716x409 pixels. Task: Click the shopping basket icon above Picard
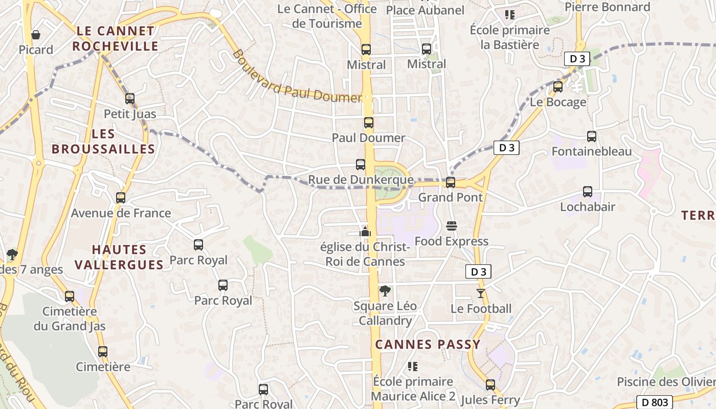coord(36,35)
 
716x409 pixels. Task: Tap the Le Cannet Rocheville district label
coord(115,38)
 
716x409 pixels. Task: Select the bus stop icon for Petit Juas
coord(130,99)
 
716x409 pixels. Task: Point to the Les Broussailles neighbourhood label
coord(103,142)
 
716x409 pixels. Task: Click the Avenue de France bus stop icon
coord(121,198)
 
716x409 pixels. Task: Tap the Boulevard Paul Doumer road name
coord(297,76)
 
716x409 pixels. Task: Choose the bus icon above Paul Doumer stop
coord(369,123)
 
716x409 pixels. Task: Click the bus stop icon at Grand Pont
coord(451,183)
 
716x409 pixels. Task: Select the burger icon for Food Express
coord(452,226)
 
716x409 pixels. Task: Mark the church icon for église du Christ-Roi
coord(365,232)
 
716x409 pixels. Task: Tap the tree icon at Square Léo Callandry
coord(385,291)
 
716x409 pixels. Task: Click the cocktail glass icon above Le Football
coord(481,293)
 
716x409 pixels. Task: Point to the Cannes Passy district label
coord(428,344)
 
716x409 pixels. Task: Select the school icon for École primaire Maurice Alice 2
coord(413,367)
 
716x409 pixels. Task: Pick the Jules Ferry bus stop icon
coord(490,385)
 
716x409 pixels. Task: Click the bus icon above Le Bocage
coord(558,87)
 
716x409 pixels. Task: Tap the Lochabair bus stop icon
coord(588,192)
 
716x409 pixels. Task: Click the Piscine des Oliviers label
coord(665,382)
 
